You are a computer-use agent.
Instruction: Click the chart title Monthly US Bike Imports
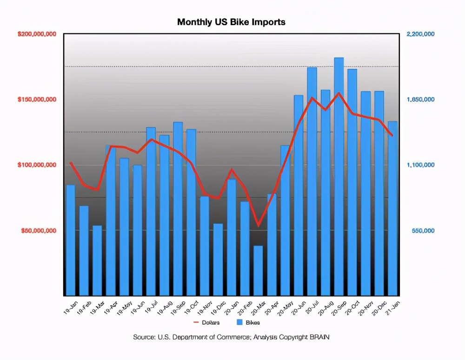point(231,22)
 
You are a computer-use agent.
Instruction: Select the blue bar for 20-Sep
point(339,177)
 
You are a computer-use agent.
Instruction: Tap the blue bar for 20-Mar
point(258,271)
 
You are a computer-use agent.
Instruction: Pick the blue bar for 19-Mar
point(97,260)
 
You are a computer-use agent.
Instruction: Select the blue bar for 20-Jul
point(312,181)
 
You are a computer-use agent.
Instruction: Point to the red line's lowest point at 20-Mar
point(258,226)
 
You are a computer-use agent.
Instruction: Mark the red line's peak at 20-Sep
point(339,93)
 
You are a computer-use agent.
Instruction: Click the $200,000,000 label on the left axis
point(37,34)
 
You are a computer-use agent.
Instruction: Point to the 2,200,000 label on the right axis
point(420,34)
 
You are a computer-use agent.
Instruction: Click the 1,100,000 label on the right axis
point(420,165)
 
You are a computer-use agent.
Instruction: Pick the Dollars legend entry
point(207,322)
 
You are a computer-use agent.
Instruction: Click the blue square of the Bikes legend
point(240,322)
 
